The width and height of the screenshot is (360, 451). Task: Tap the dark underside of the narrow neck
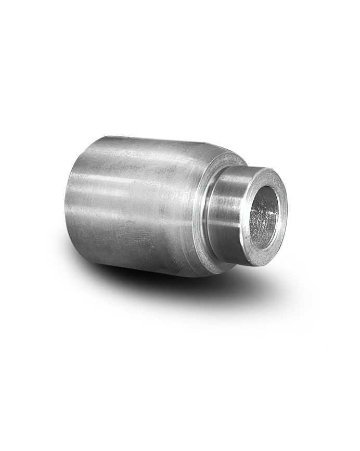pyautogui.click(x=229, y=252)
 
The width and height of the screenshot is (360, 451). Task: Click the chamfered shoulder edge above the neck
pyautogui.click(x=229, y=153)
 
